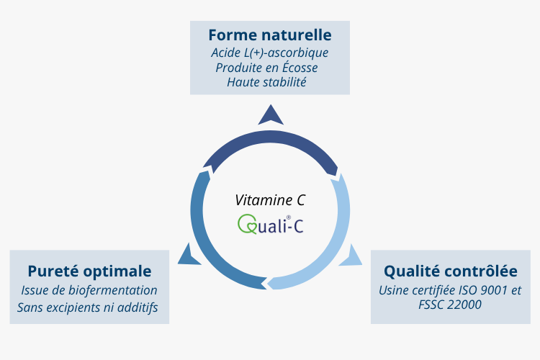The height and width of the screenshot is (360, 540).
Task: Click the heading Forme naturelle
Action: pos(269,35)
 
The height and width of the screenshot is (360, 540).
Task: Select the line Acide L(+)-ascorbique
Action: pos(269,53)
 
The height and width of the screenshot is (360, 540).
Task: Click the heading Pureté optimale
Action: pos(89,271)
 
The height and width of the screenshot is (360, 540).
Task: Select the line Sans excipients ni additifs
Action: pos(89,307)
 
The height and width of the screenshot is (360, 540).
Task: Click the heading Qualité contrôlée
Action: pos(450,271)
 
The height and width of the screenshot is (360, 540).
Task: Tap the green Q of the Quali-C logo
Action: pos(246,225)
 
